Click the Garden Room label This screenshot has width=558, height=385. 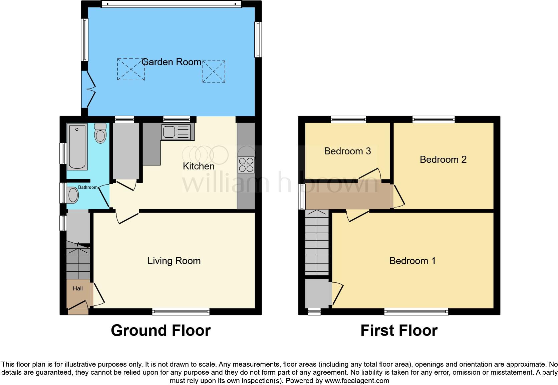[x=172, y=62]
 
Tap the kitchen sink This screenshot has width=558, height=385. [x=176, y=132]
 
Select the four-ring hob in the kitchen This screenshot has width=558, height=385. [x=246, y=164]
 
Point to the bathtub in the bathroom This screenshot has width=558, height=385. [x=77, y=146]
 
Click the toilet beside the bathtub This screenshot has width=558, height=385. [x=100, y=133]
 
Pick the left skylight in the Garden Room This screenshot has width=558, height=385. [x=131, y=69]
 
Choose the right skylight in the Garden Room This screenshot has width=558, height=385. [x=214, y=71]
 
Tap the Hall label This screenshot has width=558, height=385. [x=78, y=288]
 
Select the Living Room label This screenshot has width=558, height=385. [x=174, y=261]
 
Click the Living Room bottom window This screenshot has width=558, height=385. [x=181, y=311]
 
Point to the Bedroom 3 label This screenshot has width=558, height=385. [x=347, y=151]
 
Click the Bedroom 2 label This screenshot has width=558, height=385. [x=443, y=159]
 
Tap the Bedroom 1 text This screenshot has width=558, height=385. [x=412, y=261]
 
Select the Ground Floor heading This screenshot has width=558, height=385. [x=161, y=331]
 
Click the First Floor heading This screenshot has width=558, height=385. [x=399, y=331]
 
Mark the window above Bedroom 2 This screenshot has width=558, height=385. [x=434, y=119]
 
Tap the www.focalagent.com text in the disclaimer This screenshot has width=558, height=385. [x=357, y=381]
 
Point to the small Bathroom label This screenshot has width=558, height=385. [x=88, y=187]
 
